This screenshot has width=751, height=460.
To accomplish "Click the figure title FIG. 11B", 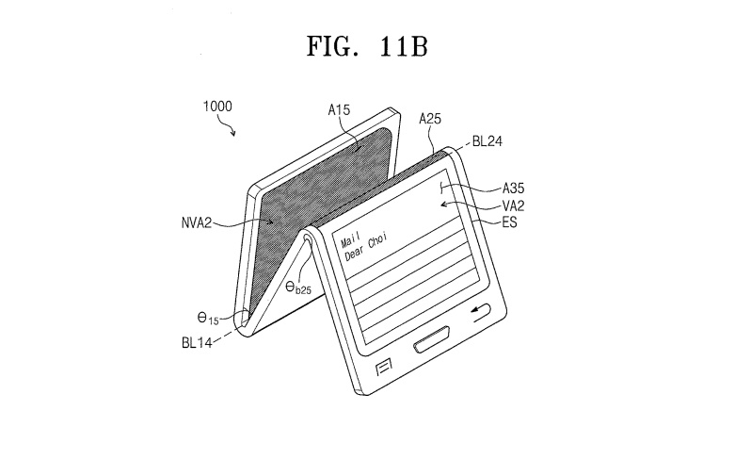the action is click(x=367, y=46).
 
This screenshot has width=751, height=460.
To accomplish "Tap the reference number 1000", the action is click(x=217, y=106).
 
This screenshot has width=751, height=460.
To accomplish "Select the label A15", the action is click(x=339, y=110).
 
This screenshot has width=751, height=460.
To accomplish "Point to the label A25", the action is click(x=430, y=119).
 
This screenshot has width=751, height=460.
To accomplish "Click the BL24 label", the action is click(x=487, y=141).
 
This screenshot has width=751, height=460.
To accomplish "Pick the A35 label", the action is click(x=514, y=188).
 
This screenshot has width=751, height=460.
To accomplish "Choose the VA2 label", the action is click(x=514, y=205).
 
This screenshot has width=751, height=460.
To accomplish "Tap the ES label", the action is click(x=509, y=222).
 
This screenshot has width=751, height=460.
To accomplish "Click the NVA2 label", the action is click(x=197, y=223).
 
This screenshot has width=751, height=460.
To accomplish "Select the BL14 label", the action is click(x=197, y=343).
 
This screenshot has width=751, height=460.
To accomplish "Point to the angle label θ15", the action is click(x=208, y=318).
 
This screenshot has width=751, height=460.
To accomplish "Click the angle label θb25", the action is click(x=298, y=287).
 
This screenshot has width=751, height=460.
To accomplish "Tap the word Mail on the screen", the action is click(x=350, y=239).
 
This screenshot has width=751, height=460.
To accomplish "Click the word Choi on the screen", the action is click(x=377, y=240).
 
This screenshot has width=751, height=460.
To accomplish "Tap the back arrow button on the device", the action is click(x=481, y=313).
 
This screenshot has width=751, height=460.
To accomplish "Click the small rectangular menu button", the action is click(x=384, y=368).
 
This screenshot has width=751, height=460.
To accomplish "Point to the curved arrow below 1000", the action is click(x=228, y=126).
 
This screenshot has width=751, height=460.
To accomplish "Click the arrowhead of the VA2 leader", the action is click(x=443, y=205).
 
